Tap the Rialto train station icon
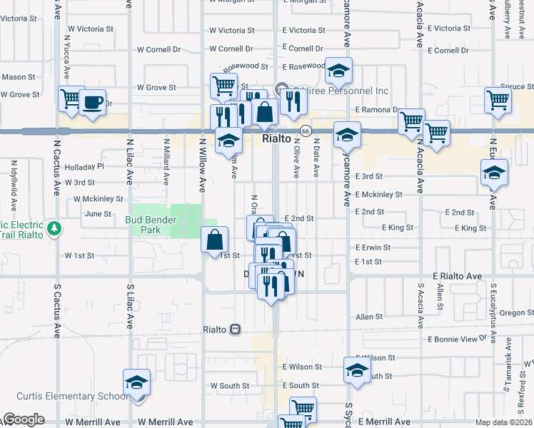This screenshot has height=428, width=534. (x=235, y=330)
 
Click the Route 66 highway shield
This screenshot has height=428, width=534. (x=305, y=131)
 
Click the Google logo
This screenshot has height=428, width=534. (x=23, y=419)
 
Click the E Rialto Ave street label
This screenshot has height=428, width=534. (x=458, y=275)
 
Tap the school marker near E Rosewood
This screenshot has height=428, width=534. (x=338, y=71)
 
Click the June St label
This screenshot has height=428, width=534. (x=99, y=213)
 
